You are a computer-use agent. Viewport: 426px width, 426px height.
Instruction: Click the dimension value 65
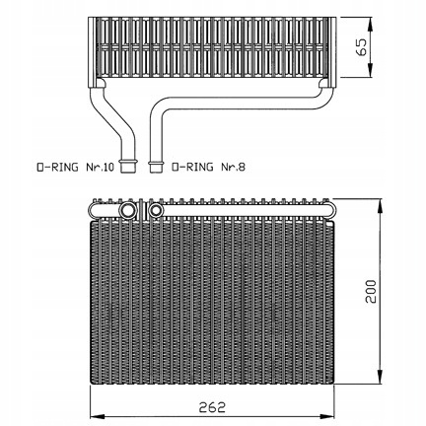362,47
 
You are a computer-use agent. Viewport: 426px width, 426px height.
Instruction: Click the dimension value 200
371,291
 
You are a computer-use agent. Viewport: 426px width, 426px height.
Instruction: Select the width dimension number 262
212,407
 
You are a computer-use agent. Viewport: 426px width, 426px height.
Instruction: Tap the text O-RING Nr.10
75,168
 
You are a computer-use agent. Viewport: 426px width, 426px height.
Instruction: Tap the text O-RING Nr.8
209,168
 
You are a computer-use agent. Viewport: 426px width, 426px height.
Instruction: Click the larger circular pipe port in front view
127,210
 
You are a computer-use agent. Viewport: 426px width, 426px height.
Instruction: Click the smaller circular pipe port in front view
156,210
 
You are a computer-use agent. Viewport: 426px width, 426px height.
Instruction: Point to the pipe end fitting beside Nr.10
127,165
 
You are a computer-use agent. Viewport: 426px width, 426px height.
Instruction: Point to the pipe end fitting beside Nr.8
156,166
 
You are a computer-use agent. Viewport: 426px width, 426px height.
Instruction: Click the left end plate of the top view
93,52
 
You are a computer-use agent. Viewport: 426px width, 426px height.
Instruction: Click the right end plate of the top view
332,52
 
